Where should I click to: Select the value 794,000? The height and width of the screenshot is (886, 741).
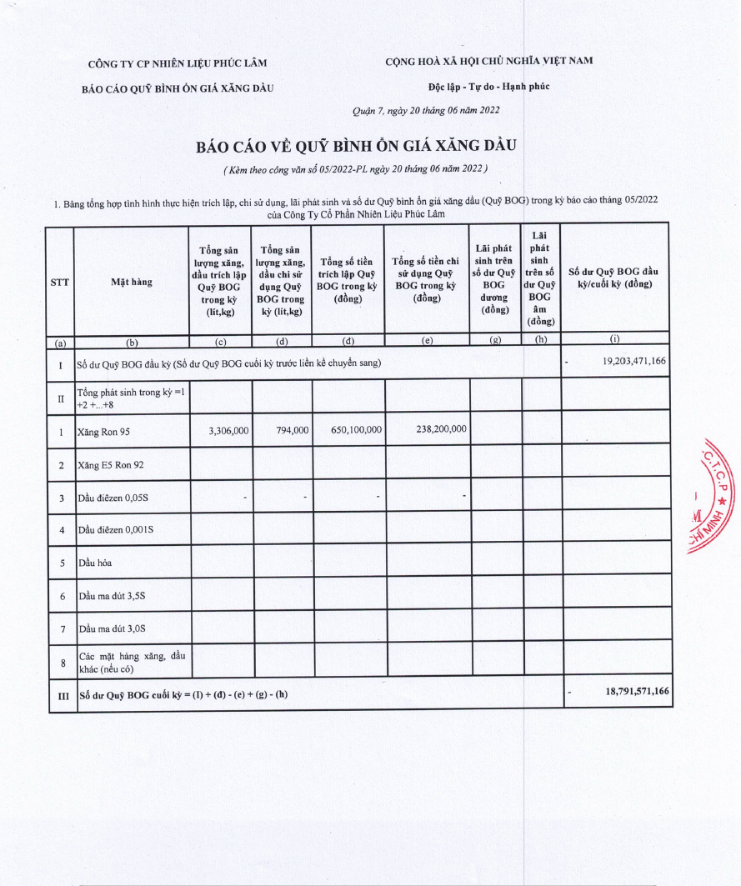(x=293, y=430)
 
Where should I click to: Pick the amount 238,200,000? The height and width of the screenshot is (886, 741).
(x=440, y=429)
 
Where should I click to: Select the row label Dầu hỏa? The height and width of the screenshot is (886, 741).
(x=94, y=563)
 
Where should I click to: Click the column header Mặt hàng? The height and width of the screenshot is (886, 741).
(x=132, y=282)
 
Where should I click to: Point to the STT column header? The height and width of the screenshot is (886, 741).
(x=59, y=282)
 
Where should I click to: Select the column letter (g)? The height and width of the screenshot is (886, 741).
(x=495, y=339)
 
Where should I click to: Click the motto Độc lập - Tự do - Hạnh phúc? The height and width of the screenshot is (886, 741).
(x=488, y=86)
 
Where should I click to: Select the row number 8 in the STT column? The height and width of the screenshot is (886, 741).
(x=61, y=663)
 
